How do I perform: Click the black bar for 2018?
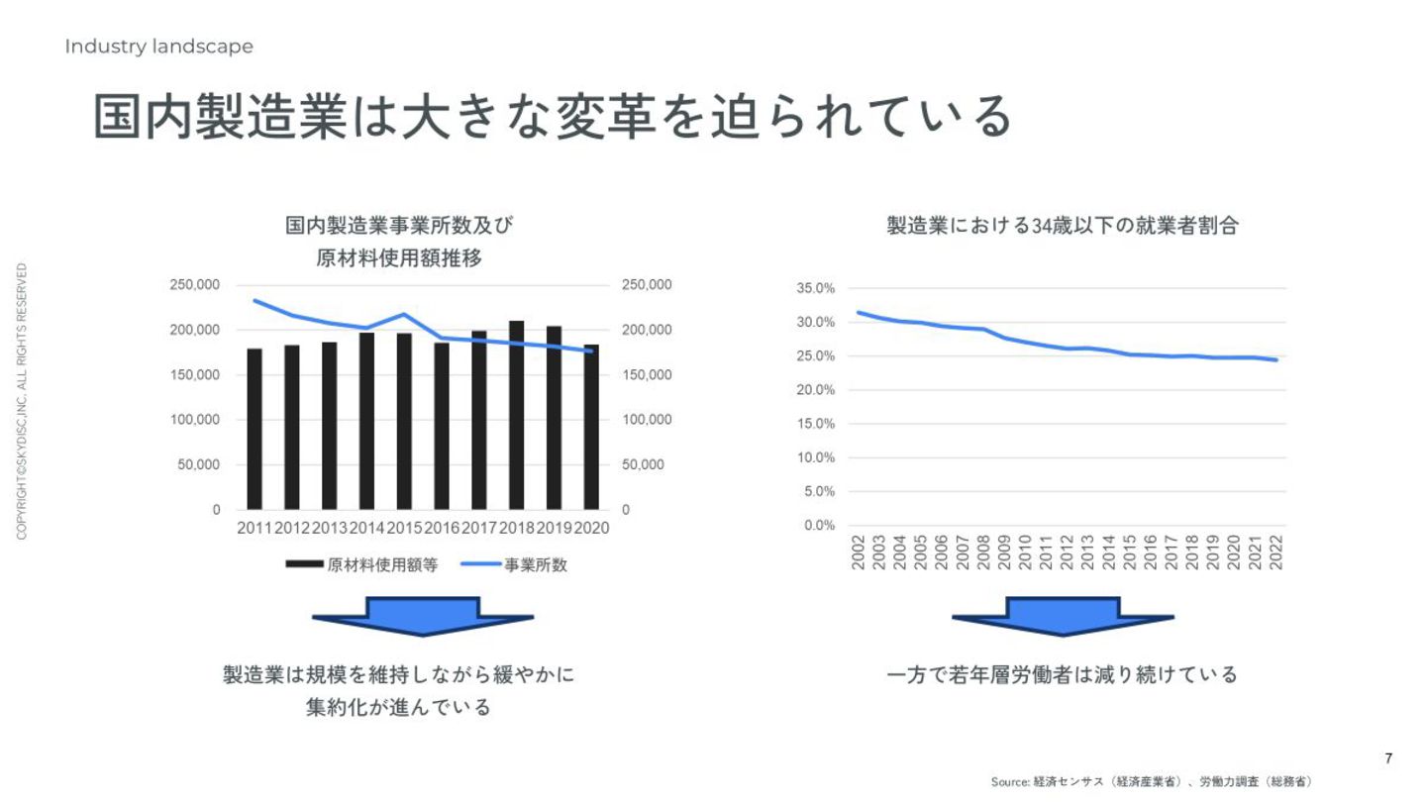[516, 415]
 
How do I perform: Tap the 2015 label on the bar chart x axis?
[404, 529]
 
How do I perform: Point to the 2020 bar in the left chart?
[591, 427]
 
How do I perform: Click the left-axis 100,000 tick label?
[194, 420]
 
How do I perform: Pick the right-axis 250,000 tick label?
[647, 285]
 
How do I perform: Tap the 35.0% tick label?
[816, 288]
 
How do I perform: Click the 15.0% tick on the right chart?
[816, 424]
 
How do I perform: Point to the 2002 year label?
[858, 552]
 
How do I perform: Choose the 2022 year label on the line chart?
[1276, 552]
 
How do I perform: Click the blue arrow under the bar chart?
[423, 615]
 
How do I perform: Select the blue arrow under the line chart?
[1063, 615]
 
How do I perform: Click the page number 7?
[1388, 758]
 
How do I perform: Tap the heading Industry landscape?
[158, 47]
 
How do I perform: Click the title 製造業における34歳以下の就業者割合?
[1063, 226]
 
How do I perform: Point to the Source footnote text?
[1151, 782]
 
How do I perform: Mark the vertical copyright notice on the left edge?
[22, 401]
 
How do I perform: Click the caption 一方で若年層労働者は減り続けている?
[1063, 675]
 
